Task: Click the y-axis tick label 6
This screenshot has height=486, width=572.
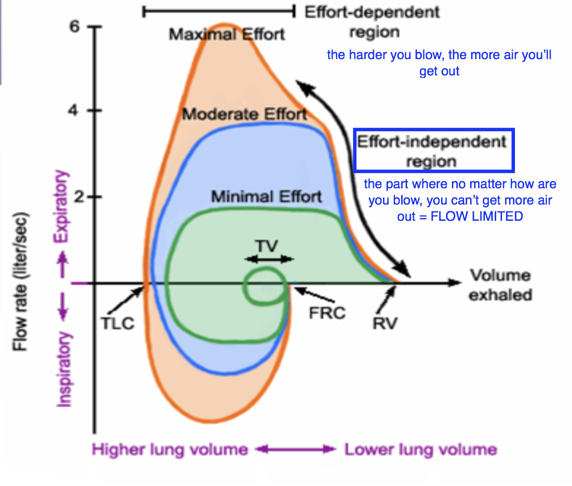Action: (74, 27)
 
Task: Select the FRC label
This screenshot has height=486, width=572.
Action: (327, 312)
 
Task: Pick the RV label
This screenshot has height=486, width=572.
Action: (385, 323)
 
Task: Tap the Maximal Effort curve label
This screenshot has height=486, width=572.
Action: (227, 35)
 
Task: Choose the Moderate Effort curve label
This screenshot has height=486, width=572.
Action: (245, 114)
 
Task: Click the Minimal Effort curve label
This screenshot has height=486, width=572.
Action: (267, 196)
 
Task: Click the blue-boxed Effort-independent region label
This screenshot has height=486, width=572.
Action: (432, 151)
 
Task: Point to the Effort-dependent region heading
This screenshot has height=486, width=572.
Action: (372, 22)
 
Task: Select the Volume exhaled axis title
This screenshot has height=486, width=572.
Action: (500, 285)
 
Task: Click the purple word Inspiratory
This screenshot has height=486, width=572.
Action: (64, 370)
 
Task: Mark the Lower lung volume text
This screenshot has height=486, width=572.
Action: (420, 450)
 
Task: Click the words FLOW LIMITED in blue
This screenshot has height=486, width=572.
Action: (477, 216)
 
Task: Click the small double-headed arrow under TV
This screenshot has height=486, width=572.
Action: (269, 259)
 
